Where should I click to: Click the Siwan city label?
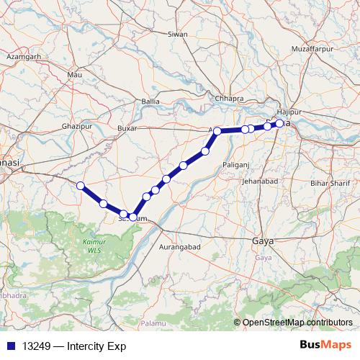tap(177, 34)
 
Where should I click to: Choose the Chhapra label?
tap(230, 99)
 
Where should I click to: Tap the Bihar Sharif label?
tap(328, 184)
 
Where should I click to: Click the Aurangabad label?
tap(183, 246)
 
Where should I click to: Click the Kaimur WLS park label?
tap(91, 248)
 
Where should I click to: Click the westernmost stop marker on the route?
tap(81, 186)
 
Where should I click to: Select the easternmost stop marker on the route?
tap(279, 124)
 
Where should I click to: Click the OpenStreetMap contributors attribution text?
tap(297, 322)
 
